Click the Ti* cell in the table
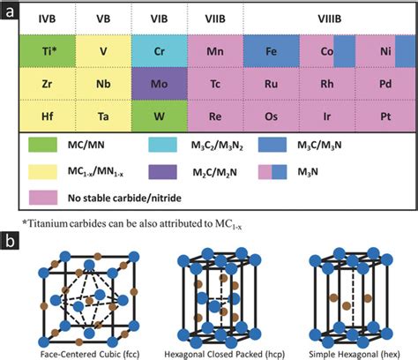pyautogui.click(x=48, y=51)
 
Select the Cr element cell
pyautogui.click(x=160, y=51)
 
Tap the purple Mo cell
pyautogui.click(x=160, y=84)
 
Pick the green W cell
pyautogui.click(x=160, y=116)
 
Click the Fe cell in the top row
pyautogui.click(x=272, y=51)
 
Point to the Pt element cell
pyautogui.click(x=385, y=116)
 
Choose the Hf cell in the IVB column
pyautogui.click(x=48, y=116)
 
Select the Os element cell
pyautogui.click(x=272, y=116)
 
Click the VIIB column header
pyautogui.click(x=215, y=19)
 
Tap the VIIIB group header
pyautogui.click(x=330, y=19)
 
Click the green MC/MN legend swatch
pyautogui.click(x=42, y=145)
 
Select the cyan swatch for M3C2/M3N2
pyautogui.click(x=162, y=145)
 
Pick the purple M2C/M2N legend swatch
pyautogui.click(x=162, y=172)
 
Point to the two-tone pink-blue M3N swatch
pyautogui.click(x=272, y=172)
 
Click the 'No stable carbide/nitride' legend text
pyautogui.click(x=124, y=198)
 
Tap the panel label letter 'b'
pyautogui.click(x=10, y=241)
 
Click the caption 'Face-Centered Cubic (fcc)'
pyautogui.click(x=90, y=354)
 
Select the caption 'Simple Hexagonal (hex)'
pyautogui.click(x=355, y=354)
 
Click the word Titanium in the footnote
pyautogui.click(x=48, y=223)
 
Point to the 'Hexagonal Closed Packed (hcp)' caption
pyautogui.click(x=224, y=354)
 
